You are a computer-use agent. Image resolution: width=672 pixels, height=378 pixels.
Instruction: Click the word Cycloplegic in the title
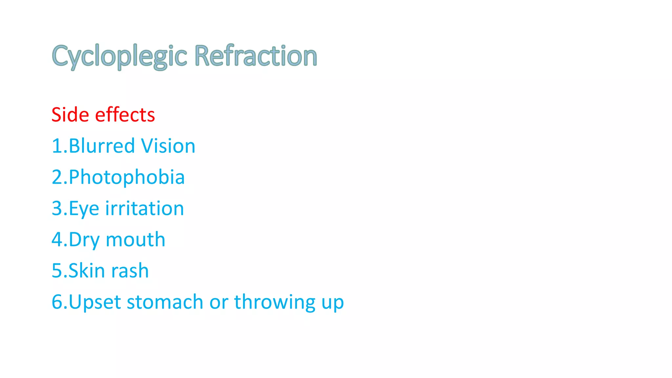pos(119,56)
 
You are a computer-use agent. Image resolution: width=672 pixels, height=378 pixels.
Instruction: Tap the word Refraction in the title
pos(256,56)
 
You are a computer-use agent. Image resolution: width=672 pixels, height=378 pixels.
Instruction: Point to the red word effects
pos(125,115)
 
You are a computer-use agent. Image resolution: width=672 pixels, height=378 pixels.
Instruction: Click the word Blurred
pos(102,146)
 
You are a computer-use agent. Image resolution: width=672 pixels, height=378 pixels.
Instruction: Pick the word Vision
pos(168,146)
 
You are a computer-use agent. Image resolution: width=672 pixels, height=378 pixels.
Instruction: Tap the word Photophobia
pos(127,178)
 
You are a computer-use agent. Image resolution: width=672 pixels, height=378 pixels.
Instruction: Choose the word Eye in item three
pos(84,209)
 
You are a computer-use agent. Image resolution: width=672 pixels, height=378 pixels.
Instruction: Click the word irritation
pos(144,209)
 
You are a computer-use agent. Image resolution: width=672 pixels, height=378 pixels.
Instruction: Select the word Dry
pos(84,240)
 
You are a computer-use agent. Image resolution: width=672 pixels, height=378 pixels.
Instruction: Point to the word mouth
pos(136,240)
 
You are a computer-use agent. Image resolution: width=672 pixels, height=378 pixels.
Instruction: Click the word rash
pos(130,271)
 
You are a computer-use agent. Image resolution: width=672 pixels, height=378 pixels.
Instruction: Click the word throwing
pos(275,302)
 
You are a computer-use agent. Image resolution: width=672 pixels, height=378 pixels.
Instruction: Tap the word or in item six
pos(219,302)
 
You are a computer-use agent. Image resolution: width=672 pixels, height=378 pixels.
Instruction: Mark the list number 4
pos(57,240)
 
